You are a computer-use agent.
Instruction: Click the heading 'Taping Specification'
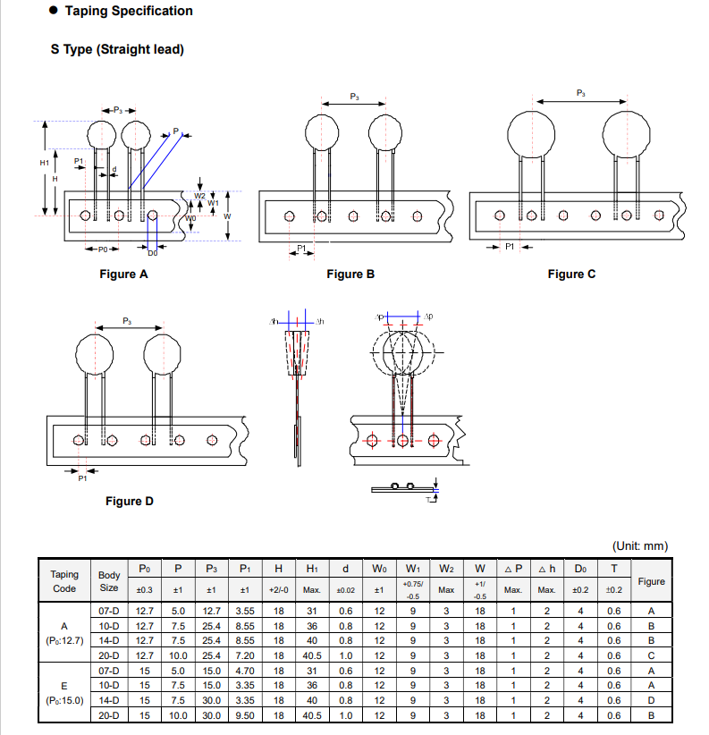coord(128,12)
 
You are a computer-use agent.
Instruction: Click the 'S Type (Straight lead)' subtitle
coord(117,49)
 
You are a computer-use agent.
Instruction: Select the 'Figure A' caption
coord(123,274)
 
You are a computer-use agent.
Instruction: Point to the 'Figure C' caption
coord(571,274)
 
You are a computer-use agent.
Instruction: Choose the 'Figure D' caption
coord(129,501)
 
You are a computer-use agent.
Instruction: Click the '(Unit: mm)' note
coord(639,545)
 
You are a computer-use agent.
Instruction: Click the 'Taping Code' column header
coord(64,581)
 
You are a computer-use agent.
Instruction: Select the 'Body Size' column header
coord(108,581)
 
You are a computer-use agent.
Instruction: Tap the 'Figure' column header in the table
coord(651,581)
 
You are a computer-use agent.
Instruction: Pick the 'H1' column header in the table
coord(312,569)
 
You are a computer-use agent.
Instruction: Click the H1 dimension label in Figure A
coord(45,163)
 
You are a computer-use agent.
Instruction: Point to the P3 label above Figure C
coord(581,93)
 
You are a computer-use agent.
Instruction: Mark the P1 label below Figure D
coord(82,478)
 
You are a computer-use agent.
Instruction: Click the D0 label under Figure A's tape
coord(152,253)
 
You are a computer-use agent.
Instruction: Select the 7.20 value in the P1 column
coord(244,655)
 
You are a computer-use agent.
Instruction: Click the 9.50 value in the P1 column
coord(244,715)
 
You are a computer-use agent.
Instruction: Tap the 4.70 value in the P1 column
coord(244,671)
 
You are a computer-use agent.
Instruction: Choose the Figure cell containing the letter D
coord(651,700)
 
